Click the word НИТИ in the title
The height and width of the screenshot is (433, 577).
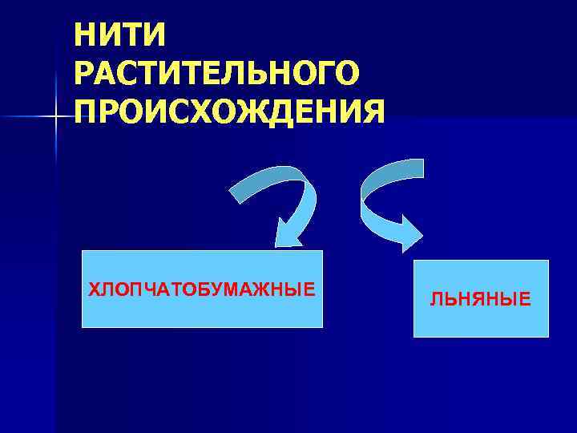[119, 34]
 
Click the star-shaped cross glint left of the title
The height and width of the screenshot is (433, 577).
[56, 118]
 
